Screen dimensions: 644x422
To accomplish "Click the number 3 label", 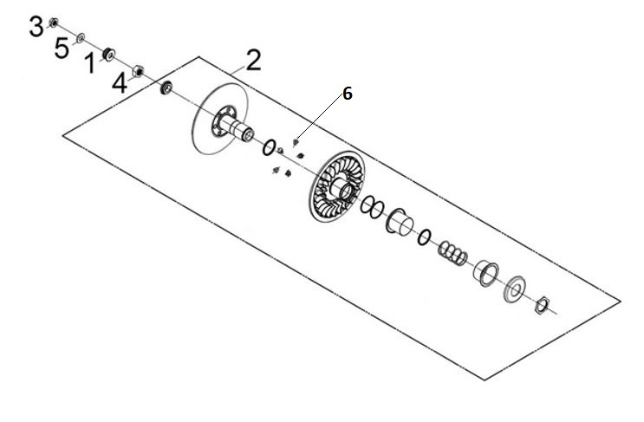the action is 36,27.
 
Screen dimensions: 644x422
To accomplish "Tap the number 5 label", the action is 62,48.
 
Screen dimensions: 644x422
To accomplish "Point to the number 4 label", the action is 120,84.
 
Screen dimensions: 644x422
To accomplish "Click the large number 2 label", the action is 253,60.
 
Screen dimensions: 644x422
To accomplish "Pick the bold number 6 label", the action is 348,94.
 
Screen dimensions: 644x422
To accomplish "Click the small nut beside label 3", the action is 54,23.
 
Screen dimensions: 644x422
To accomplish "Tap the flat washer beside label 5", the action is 81,38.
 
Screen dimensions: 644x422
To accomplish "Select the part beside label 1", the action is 109,55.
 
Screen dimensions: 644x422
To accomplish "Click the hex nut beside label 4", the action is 138,71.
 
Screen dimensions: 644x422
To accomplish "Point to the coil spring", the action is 452,252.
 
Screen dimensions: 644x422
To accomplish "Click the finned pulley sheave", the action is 337,186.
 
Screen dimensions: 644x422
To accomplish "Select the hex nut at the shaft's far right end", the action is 543,305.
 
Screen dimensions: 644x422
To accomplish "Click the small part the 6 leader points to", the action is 296,142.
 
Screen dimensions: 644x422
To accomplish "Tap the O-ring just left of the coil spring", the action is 424,237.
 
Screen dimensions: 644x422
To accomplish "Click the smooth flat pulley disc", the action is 220,119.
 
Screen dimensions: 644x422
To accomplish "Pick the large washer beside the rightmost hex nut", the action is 515,289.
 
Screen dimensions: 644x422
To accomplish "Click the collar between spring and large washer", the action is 486,274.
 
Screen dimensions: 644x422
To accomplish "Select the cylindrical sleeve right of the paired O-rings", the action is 400,222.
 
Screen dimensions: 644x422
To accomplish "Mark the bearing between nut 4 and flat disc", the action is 166,88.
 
